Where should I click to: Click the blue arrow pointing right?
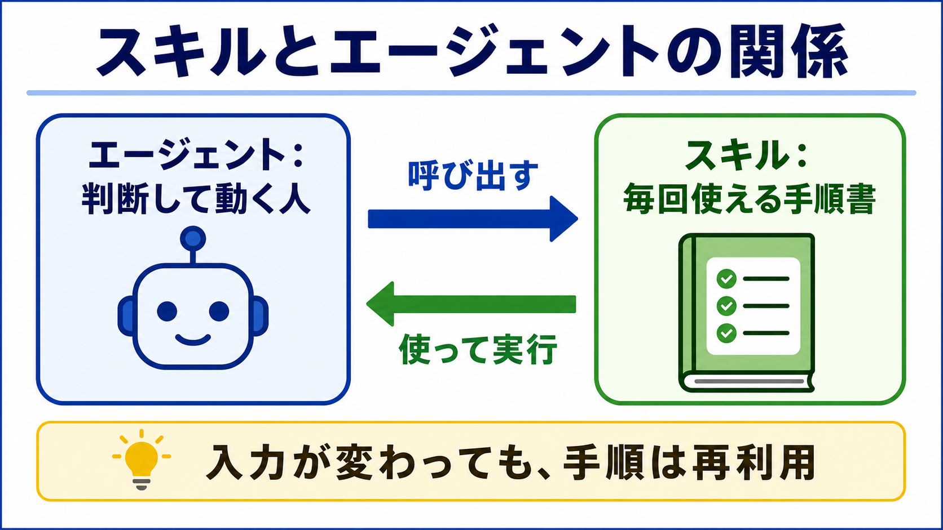coord(473,219)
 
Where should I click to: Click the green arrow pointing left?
coord(471,304)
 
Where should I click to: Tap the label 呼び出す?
coord(473,175)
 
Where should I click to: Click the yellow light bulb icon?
coord(142,460)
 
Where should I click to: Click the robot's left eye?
coord(167,311)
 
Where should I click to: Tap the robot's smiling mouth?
coord(193,339)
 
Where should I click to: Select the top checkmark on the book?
coord(726,279)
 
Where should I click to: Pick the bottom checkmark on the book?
coord(726,333)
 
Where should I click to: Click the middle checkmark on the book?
coord(726,306)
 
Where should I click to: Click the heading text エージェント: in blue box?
coord(196,155)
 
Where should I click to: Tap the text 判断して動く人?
coord(196,198)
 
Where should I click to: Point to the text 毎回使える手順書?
coord(750,199)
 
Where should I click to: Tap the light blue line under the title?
coord(472,93)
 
